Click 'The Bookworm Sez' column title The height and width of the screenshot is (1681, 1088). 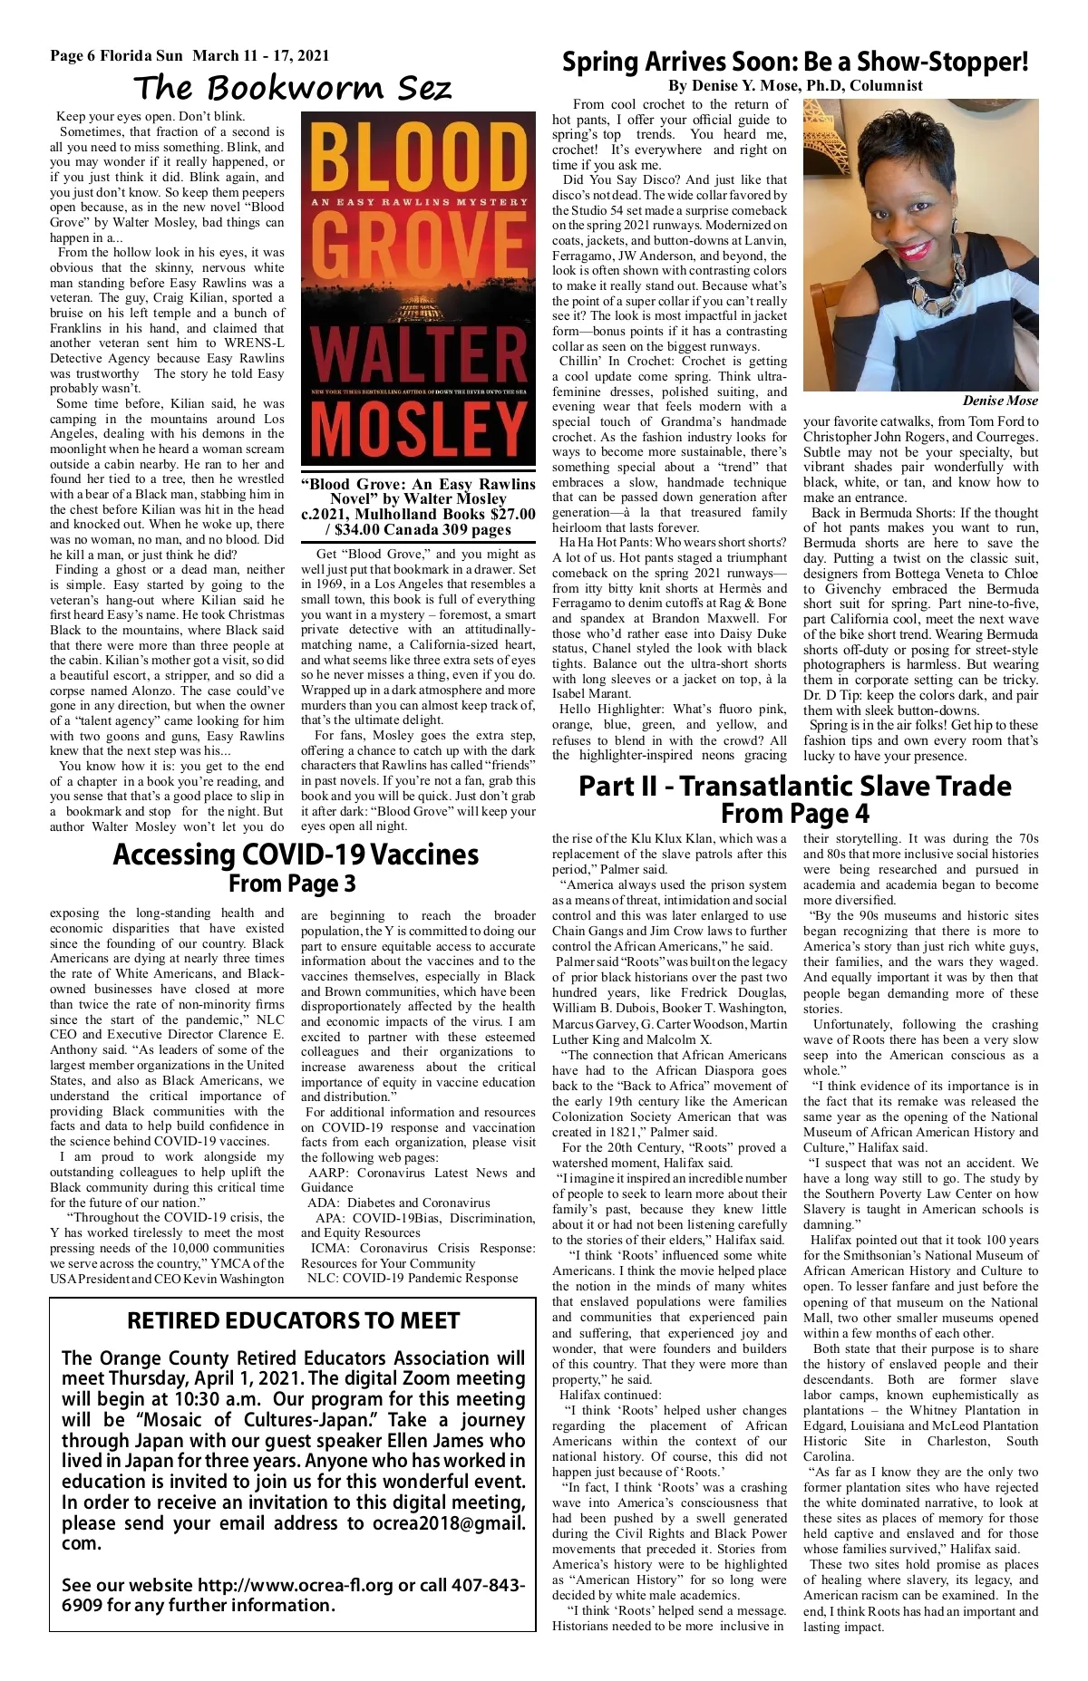point(292,88)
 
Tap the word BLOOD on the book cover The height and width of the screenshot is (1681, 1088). point(418,159)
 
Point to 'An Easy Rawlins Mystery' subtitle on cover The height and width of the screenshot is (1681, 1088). point(418,202)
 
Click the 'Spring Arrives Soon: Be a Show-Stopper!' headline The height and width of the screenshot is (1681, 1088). point(795,62)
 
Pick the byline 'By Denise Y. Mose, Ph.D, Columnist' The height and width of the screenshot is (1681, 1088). point(795,86)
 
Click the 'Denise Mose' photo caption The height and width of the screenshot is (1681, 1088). point(1000,401)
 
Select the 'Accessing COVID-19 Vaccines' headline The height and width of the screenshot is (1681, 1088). point(296,855)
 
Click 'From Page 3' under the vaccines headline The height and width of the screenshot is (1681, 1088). point(292,884)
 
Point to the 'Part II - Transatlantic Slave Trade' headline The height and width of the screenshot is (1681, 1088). point(794,786)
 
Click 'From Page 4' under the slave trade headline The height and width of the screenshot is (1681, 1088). point(794,814)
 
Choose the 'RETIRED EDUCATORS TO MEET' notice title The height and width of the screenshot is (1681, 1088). point(293,1321)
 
